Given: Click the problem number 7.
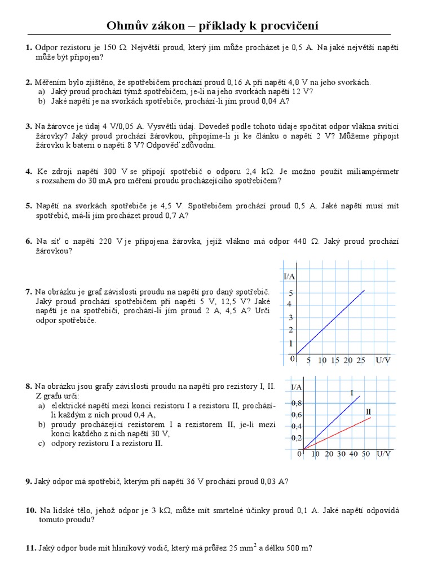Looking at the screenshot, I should (29, 292).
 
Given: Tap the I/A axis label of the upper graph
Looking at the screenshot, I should (290, 276).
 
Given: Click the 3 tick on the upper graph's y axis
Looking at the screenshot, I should (291, 317).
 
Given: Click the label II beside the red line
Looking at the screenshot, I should (368, 411).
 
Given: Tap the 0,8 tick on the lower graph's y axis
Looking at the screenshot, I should (296, 404).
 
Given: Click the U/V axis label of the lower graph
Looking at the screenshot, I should (384, 454).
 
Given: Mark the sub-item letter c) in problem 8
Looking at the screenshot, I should (42, 443).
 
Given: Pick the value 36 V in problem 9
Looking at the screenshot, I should (201, 481).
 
